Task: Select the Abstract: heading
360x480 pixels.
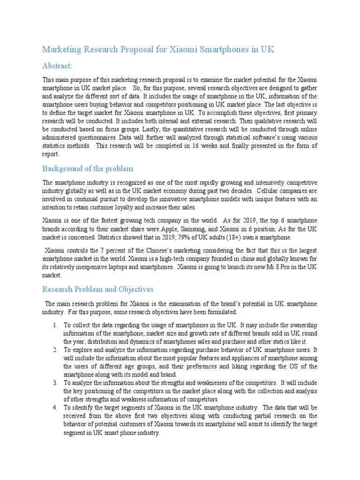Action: tap(58, 66)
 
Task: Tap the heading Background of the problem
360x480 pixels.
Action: tap(88, 168)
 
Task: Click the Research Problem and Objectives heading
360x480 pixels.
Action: tap(98, 289)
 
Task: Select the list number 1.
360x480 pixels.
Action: tap(55, 325)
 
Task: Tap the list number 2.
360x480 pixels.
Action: tap(55, 350)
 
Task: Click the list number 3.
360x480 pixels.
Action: tap(55, 382)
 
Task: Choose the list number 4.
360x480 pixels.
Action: tap(55, 407)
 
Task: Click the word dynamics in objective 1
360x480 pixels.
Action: tap(140, 342)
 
